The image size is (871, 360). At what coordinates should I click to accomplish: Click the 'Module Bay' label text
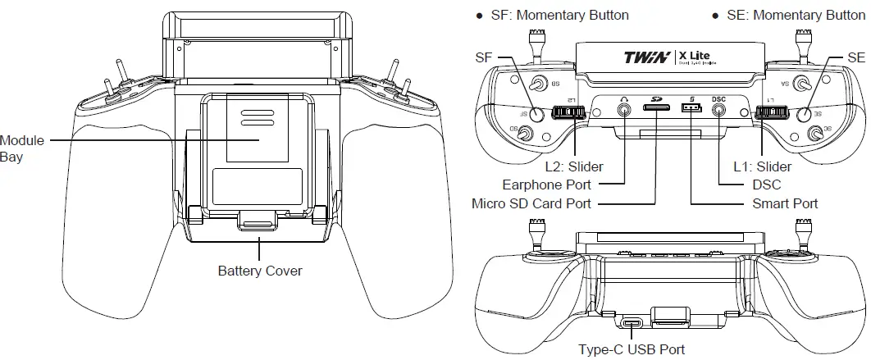tap(22, 148)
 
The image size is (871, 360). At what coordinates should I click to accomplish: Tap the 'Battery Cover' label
tap(260, 271)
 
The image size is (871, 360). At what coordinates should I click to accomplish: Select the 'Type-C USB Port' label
tap(632, 349)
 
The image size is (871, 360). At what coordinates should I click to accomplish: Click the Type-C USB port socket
tap(632, 323)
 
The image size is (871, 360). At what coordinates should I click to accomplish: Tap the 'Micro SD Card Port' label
tap(531, 203)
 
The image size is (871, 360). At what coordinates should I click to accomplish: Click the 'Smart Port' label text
tap(785, 203)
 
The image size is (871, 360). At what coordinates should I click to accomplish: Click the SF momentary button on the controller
tap(536, 116)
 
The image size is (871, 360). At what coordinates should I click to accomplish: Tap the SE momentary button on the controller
tap(804, 116)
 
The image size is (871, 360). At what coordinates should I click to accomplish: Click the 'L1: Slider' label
tap(762, 166)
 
